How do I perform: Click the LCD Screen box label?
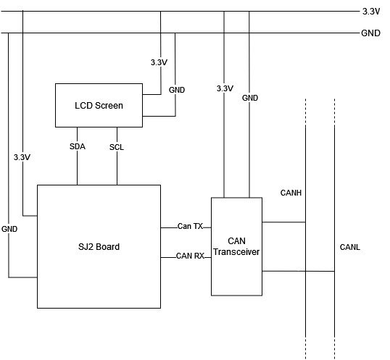coord(99,106)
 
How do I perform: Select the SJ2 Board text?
coord(99,247)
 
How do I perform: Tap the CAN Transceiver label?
coord(236,246)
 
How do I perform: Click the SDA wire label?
coord(78,146)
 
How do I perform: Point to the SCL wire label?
coord(117,147)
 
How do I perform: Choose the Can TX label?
coord(190,226)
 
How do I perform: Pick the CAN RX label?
coord(190,256)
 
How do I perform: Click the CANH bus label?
coord(291,193)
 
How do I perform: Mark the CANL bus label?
coord(349,247)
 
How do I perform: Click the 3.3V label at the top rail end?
coord(371,12)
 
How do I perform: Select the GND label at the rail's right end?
coord(370,33)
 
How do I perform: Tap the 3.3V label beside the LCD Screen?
coord(159,62)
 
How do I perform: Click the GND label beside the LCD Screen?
coord(177,90)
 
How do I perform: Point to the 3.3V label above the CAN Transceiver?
coord(225,88)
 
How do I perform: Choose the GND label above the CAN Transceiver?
coord(250,98)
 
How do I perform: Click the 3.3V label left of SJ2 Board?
coord(22,157)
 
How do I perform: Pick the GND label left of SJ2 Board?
coord(9,229)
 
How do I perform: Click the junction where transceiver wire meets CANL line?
coord(334,271)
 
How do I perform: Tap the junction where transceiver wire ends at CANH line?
coord(305,222)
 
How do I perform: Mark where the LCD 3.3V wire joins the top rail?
coord(160,11)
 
